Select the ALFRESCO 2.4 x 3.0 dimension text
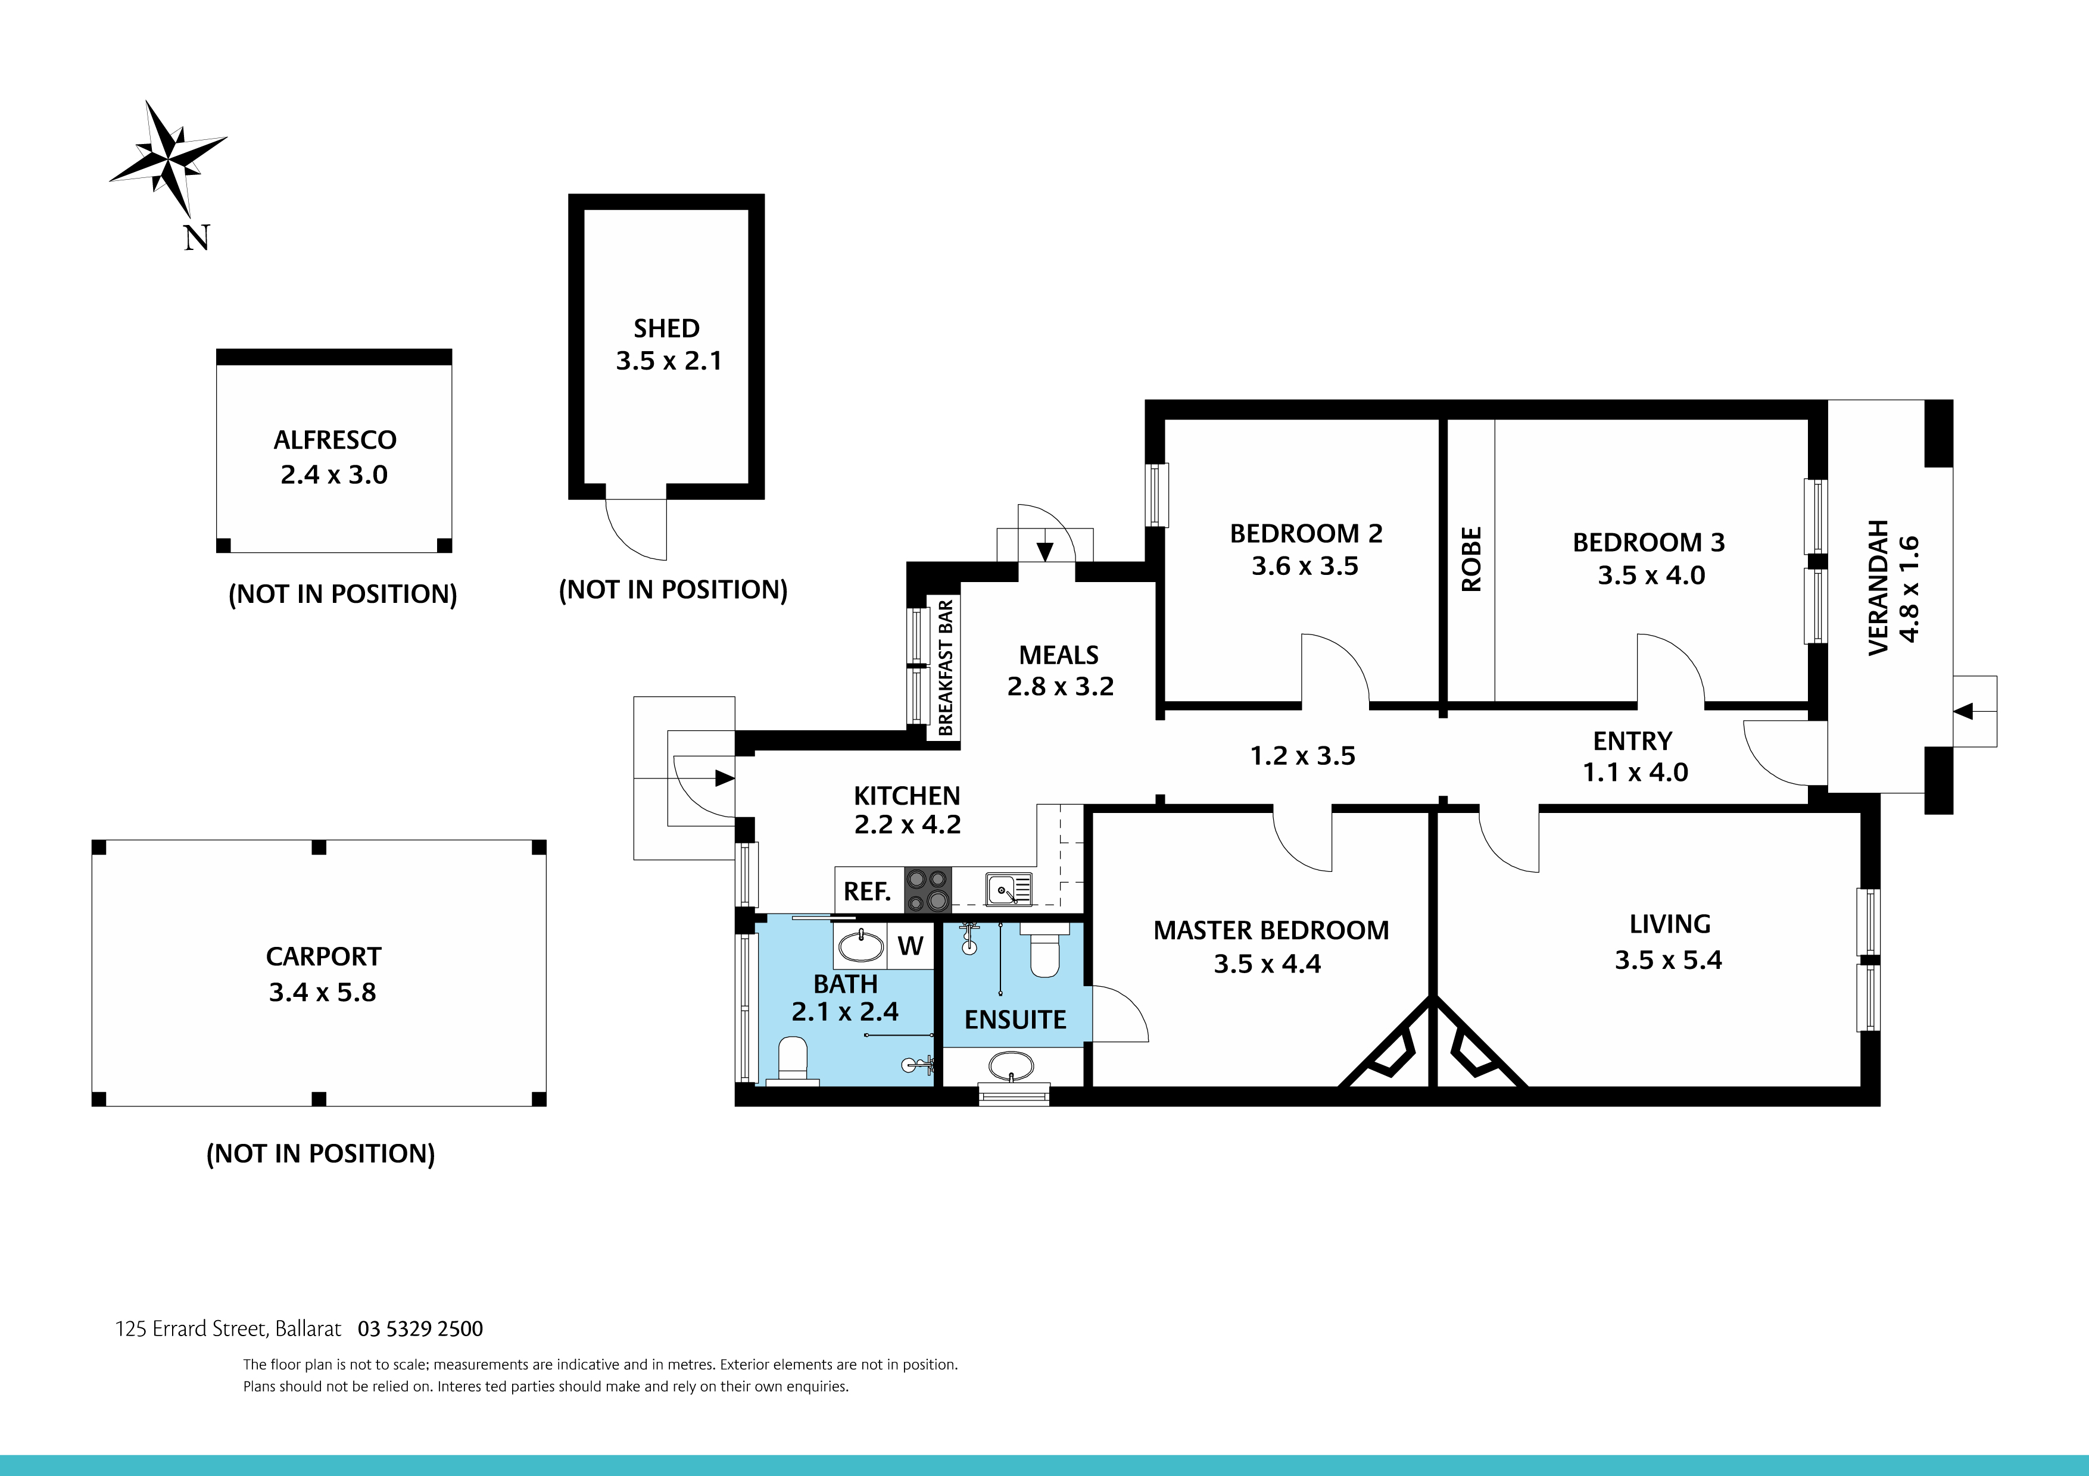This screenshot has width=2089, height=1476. pyautogui.click(x=334, y=475)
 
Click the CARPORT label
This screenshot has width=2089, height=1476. pyautogui.click(x=323, y=956)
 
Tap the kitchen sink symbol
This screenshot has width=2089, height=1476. pyautogui.click(x=1009, y=889)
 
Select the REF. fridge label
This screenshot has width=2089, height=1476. pyautogui.click(x=867, y=891)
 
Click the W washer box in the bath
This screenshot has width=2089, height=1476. pyautogui.click(x=910, y=946)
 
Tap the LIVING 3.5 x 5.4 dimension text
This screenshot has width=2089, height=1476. pyautogui.click(x=1668, y=961)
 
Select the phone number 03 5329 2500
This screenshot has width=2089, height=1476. pyautogui.click(x=420, y=1328)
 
